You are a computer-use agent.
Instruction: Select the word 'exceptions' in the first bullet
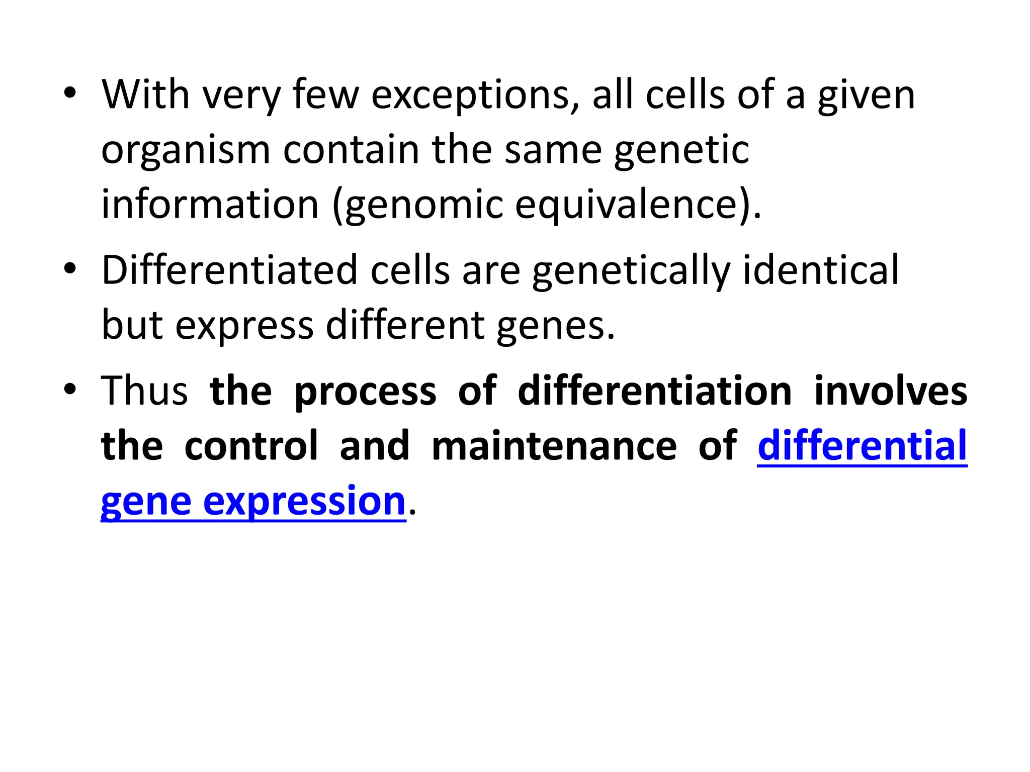coord(475,95)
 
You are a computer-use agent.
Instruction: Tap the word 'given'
coord(866,95)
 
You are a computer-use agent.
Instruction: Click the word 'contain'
coord(351,149)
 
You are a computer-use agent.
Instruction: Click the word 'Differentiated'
coord(229,270)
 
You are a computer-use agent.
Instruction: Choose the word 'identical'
coord(820,270)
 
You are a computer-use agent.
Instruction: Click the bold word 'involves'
coord(891,391)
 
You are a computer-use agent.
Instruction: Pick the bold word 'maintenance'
coord(554,446)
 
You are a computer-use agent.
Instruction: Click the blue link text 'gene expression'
coord(253,502)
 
